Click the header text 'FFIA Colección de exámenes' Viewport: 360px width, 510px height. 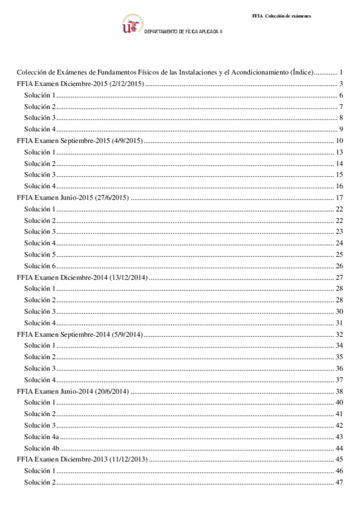[281, 16]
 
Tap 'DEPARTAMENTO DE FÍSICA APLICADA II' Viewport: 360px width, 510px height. [183, 31]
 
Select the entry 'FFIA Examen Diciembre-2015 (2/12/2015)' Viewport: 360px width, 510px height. [81, 84]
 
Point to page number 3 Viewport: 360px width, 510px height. [341, 84]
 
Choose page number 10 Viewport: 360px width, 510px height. [339, 141]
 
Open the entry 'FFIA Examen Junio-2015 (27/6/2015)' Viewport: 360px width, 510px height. [73, 198]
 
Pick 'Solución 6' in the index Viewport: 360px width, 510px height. [40, 266]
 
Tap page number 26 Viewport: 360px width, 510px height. [339, 266]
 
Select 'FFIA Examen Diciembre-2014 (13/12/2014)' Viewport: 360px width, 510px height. [82, 277]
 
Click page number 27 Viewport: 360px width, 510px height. [339, 277]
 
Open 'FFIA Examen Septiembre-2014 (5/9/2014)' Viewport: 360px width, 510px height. [79, 334]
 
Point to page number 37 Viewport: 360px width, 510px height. [339, 379]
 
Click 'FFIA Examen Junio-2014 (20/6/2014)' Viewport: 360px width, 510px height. [73, 391]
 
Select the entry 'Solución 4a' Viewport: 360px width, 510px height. [41, 437]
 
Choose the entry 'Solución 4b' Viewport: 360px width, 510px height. [41, 448]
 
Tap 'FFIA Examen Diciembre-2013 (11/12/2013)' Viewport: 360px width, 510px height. [82, 459]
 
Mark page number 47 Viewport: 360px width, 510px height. [339, 482]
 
